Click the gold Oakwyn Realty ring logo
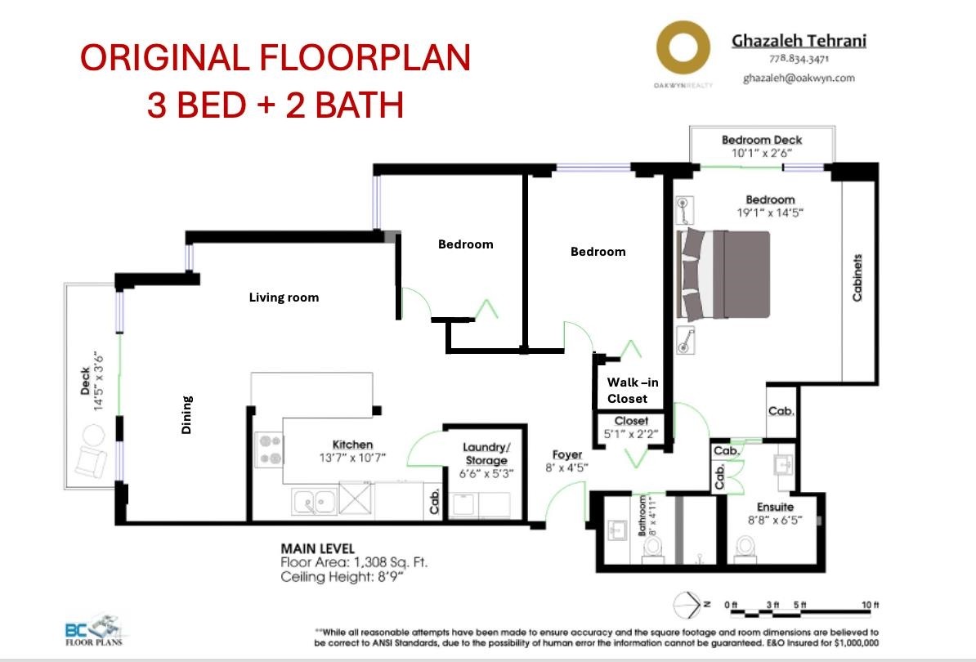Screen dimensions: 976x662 tap(683, 27)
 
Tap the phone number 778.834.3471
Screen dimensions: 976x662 tap(799, 59)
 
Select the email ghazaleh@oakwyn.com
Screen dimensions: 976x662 tap(799, 78)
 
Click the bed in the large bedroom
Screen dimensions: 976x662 tap(723, 275)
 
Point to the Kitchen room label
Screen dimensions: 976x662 tap(352, 445)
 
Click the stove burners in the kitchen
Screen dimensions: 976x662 tap(270, 450)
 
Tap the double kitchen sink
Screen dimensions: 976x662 tap(315, 501)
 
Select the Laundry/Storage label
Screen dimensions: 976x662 tap(486, 454)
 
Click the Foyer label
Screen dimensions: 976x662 tap(567, 454)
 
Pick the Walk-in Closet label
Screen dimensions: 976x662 tap(633, 390)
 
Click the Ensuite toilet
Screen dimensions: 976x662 tap(744, 547)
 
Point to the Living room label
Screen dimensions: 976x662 tap(284, 297)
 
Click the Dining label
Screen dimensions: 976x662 tap(186, 414)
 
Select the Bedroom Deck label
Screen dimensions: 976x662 tap(762, 140)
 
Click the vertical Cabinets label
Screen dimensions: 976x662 tap(857, 278)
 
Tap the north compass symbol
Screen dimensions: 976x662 tap(690, 604)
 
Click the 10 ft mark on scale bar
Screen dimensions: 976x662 tap(871, 605)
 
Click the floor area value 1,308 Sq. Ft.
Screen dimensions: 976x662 tap(391, 562)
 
